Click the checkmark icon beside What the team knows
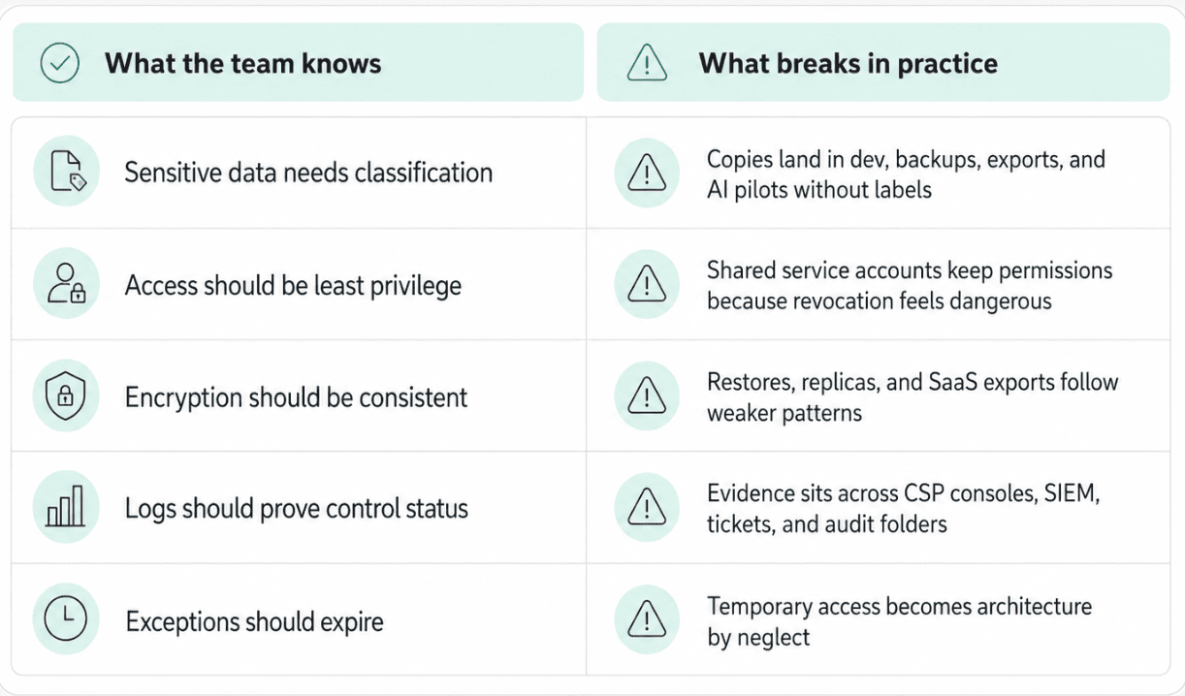point(60,63)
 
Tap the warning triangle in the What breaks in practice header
point(647,63)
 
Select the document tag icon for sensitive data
point(68,171)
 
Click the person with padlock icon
point(67,283)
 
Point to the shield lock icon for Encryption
point(66,395)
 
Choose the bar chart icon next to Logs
point(65,506)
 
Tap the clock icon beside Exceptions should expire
point(66,618)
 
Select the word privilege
point(415,286)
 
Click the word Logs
point(150,509)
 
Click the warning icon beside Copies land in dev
point(647,173)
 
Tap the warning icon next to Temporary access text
point(647,618)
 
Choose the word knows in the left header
point(341,63)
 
